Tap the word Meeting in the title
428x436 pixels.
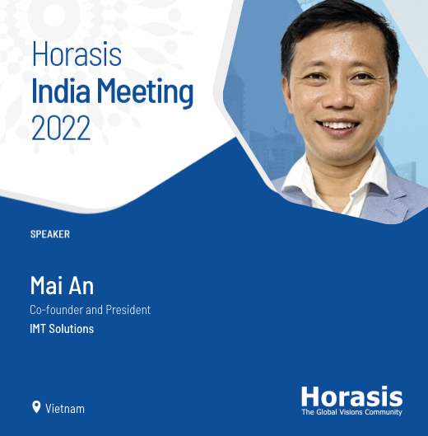coord(143,93)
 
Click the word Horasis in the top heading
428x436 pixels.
coord(77,55)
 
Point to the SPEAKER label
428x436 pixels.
coord(49,234)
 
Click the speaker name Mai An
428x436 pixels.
coord(62,286)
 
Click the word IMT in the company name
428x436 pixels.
coord(40,329)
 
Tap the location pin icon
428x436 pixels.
coord(36,407)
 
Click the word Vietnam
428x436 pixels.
coord(65,408)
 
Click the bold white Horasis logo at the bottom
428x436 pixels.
coord(351,396)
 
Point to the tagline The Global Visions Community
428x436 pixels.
coord(351,411)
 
